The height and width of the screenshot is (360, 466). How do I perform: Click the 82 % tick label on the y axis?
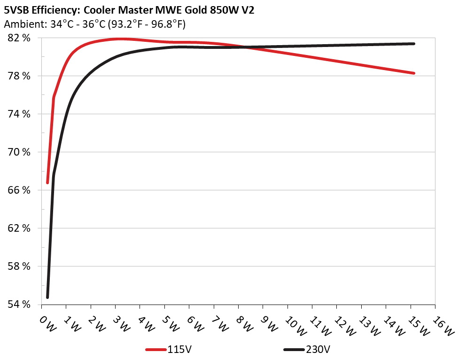tap(19, 38)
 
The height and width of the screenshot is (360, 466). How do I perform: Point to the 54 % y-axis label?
tap(19, 305)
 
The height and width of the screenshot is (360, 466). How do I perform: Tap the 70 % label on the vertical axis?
tap(19, 152)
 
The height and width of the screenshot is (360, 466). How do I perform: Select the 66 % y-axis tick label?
tap(19, 190)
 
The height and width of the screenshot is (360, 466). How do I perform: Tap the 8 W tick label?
tap(244, 324)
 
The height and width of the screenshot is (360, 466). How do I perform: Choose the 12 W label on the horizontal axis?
tap(343, 325)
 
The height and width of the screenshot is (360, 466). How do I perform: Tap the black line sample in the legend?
tap(295, 350)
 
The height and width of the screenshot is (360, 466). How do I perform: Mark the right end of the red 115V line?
tap(414, 73)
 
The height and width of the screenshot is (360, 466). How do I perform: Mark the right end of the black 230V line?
tap(414, 44)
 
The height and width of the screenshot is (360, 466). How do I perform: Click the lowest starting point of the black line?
tap(47, 297)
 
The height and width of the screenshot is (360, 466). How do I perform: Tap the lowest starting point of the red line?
tap(47, 182)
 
